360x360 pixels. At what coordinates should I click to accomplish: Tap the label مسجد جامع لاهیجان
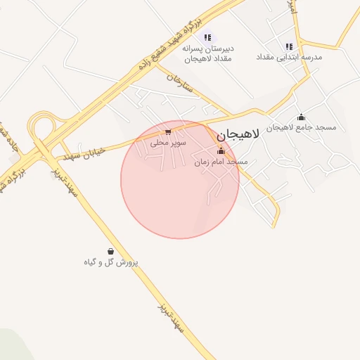point(306,127)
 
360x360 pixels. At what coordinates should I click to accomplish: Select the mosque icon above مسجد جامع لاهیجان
point(302,117)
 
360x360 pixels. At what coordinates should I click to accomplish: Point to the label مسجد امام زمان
point(221,162)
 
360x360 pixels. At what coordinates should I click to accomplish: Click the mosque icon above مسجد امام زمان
point(221,151)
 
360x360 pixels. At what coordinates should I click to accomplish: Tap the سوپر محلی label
point(167,142)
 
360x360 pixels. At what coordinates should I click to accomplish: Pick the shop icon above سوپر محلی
point(167,131)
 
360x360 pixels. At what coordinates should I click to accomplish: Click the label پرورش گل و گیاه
point(111,262)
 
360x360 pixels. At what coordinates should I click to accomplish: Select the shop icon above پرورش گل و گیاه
point(110,251)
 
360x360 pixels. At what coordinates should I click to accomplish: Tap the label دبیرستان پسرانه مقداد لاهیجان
point(207,53)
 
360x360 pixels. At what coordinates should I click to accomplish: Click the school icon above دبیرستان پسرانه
point(207,37)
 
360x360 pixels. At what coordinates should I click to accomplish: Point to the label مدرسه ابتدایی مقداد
point(289,56)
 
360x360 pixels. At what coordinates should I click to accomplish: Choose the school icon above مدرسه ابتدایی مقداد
point(289,46)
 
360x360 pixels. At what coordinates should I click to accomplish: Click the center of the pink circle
point(180,180)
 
